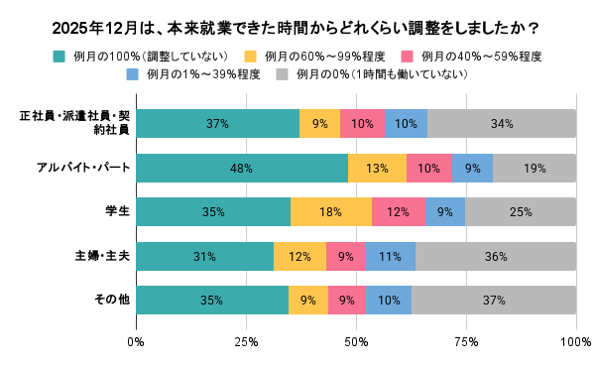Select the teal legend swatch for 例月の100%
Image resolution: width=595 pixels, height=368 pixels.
pyautogui.click(x=59, y=55)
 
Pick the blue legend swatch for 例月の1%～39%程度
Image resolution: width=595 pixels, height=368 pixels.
pyautogui.click(x=133, y=73)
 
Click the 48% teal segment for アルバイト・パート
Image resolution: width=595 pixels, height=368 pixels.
pyautogui.click(x=241, y=168)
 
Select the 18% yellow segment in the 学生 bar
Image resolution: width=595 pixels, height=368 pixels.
pyautogui.click(x=330, y=211)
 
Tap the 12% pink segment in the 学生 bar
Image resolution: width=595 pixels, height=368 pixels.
pyautogui.click(x=398, y=211)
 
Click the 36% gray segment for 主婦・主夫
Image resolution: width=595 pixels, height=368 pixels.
pyautogui.click(x=496, y=256)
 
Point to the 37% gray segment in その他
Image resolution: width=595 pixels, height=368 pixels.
pyautogui.click(x=494, y=300)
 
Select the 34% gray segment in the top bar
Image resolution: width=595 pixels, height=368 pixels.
pyautogui.click(x=501, y=124)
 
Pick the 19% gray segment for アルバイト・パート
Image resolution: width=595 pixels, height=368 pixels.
pyautogui.click(x=535, y=168)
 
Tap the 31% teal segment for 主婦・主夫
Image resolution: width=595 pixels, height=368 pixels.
pyautogui.click(x=204, y=256)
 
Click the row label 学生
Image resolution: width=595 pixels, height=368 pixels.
pyautogui.click(x=117, y=211)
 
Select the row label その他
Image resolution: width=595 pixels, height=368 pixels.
pyautogui.click(x=113, y=300)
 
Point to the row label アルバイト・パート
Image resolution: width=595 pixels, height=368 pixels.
pyautogui.click(x=88, y=168)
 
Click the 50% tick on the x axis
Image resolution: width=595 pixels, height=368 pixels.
pyautogui.click(x=356, y=341)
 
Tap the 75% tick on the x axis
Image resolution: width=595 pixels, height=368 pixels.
pyautogui.click(x=466, y=341)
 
